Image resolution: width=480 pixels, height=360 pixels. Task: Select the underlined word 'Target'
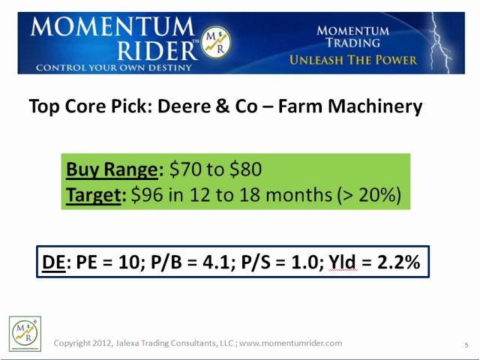(x=93, y=194)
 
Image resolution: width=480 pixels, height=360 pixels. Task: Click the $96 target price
(x=145, y=194)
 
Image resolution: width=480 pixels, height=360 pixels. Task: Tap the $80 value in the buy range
(x=245, y=169)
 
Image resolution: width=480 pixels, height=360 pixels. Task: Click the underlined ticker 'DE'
(x=53, y=262)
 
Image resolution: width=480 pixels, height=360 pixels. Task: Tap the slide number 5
(x=466, y=345)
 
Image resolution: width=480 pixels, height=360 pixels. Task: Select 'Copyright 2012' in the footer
(x=80, y=343)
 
